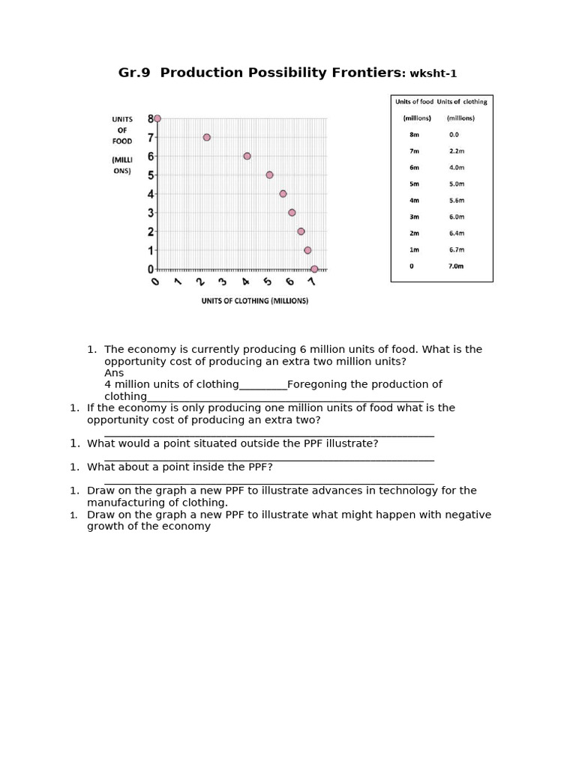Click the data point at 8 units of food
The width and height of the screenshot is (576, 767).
tap(157, 118)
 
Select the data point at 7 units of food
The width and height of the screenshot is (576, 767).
tap(206, 137)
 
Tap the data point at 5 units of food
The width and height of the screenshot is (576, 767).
tap(269, 175)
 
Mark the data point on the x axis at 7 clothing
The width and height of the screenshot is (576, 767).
tap(314, 269)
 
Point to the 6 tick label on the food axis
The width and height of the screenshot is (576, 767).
tap(150, 156)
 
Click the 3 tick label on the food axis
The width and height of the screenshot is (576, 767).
tap(150, 213)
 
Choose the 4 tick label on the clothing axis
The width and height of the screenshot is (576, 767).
tap(245, 282)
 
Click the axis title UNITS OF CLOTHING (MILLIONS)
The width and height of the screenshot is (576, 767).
tap(254, 301)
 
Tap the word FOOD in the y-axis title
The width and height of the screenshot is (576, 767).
tap(121, 141)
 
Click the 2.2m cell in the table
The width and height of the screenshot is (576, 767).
tap(457, 151)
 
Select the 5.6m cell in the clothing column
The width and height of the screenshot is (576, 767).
tap(457, 201)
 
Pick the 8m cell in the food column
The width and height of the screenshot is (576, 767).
tap(414, 135)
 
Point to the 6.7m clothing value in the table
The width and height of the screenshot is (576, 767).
tap(457, 249)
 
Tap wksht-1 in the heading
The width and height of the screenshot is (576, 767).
tap(432, 73)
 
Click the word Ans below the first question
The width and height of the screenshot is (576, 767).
tap(114, 373)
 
